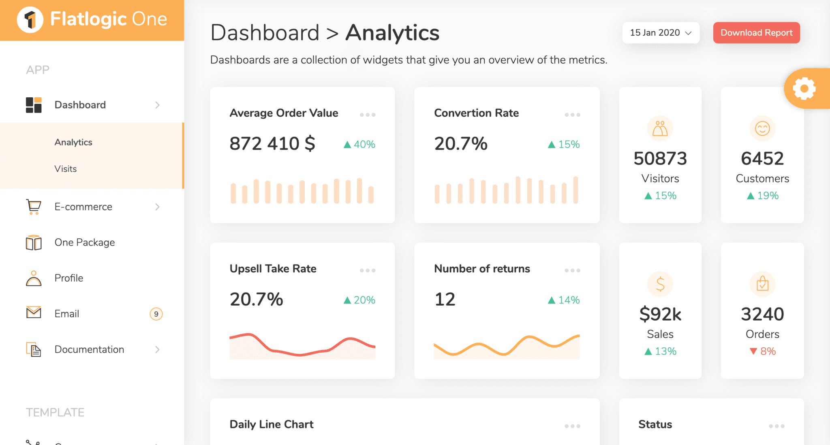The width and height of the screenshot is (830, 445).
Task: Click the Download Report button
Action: click(x=756, y=33)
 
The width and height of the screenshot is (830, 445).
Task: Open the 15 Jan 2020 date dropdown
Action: click(x=661, y=33)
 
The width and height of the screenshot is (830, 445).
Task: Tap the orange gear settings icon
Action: click(x=804, y=88)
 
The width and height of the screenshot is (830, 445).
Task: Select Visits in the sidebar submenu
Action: click(x=66, y=169)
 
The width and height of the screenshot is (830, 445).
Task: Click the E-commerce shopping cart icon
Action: click(x=34, y=207)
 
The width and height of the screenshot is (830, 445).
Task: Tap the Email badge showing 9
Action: click(x=156, y=314)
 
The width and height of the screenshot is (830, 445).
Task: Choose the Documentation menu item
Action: click(x=89, y=349)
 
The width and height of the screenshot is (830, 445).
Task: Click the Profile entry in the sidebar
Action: click(x=69, y=278)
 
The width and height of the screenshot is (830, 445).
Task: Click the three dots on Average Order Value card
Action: click(x=367, y=115)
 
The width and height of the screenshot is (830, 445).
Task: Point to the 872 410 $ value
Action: click(x=272, y=143)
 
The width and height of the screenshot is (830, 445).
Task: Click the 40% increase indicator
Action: click(x=359, y=144)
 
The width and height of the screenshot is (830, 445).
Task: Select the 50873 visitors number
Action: click(x=660, y=158)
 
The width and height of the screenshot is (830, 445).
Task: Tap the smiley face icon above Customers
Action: click(x=762, y=129)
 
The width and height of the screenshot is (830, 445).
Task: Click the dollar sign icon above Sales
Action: click(x=660, y=284)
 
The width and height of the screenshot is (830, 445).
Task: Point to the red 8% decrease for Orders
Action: click(x=763, y=351)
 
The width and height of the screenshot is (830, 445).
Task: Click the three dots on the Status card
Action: click(x=777, y=426)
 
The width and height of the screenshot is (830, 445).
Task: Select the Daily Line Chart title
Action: click(x=272, y=424)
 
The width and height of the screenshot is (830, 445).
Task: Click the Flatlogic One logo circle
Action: click(x=30, y=19)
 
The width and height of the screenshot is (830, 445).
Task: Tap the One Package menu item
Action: click(x=85, y=242)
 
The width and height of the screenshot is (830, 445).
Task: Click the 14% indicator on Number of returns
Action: click(x=564, y=300)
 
